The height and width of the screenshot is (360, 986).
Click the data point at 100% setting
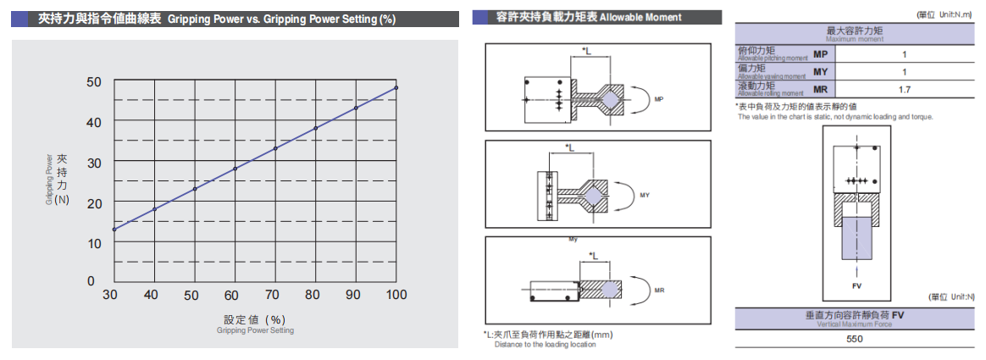pos(396,88)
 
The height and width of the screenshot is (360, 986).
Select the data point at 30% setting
pos(114,230)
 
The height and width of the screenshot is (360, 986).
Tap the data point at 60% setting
pos(235,169)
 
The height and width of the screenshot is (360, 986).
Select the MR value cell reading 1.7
pos(904,89)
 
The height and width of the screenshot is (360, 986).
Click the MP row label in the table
pos(820,54)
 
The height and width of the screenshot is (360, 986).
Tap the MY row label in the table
pos(820,72)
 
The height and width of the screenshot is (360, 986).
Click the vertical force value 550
pos(855,339)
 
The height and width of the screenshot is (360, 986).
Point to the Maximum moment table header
pos(855,34)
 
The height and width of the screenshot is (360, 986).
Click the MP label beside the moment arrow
pos(659,99)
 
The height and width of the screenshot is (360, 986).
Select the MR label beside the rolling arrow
pos(659,291)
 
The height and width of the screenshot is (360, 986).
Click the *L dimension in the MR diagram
pos(594,255)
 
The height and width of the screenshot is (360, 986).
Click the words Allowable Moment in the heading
pos(640,17)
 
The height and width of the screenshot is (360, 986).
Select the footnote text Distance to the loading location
pos(546,345)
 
